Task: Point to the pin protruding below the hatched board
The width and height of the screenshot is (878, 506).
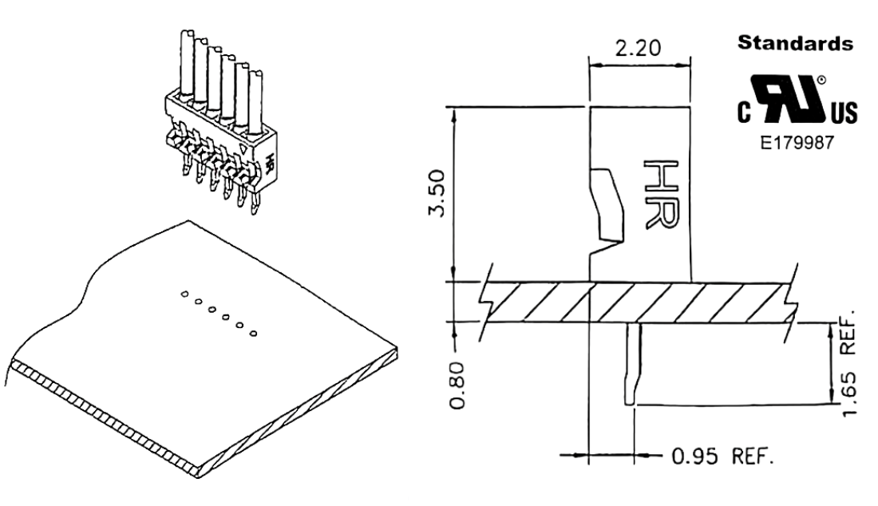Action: click(631, 364)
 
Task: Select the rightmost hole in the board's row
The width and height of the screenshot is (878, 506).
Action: click(254, 331)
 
